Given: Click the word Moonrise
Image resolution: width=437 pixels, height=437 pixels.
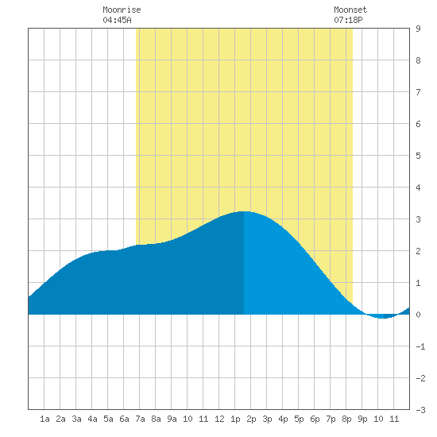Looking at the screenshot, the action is pyautogui.click(x=122, y=10).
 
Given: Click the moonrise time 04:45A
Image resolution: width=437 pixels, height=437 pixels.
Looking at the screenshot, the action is pyautogui.click(x=117, y=20).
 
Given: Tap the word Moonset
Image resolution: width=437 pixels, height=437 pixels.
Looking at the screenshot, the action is pyautogui.click(x=350, y=10).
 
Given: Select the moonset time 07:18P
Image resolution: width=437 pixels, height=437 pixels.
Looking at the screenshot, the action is pyautogui.click(x=348, y=20).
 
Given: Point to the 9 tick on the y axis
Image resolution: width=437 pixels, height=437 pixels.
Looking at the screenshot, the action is pyautogui.click(x=418, y=29).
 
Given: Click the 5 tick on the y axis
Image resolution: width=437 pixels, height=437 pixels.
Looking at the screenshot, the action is pyautogui.click(x=418, y=156).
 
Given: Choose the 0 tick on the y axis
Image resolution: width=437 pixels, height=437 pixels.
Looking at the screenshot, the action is pyautogui.click(x=418, y=315).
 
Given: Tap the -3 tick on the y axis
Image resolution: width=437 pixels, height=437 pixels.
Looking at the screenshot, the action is pyautogui.click(x=420, y=410).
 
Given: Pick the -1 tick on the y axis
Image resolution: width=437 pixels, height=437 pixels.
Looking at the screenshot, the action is pyautogui.click(x=420, y=346).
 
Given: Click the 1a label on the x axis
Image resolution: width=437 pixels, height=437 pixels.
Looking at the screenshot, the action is pyautogui.click(x=44, y=419).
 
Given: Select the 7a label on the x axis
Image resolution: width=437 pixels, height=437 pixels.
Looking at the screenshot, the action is pyautogui.click(x=140, y=419).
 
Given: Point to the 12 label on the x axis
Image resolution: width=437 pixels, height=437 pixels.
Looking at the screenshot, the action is pyautogui.click(x=219, y=419).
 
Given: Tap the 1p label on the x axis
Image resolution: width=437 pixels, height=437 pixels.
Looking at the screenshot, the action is pyautogui.click(x=235, y=419).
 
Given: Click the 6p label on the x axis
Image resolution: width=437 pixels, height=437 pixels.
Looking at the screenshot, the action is pyautogui.click(x=315, y=419).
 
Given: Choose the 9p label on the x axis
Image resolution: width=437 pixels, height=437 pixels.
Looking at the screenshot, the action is pyautogui.click(x=362, y=419).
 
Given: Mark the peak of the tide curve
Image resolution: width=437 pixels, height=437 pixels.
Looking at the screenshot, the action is pyautogui.click(x=244, y=211).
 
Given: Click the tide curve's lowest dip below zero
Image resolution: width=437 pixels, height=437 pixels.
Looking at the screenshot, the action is pyautogui.click(x=384, y=318).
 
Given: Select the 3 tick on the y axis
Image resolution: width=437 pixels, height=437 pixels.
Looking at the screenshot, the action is pyautogui.click(x=418, y=219).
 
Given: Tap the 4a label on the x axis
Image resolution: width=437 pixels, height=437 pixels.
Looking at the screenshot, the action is pyautogui.click(x=92, y=419).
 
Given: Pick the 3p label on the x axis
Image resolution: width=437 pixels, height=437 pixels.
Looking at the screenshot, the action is pyautogui.click(x=267, y=419).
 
